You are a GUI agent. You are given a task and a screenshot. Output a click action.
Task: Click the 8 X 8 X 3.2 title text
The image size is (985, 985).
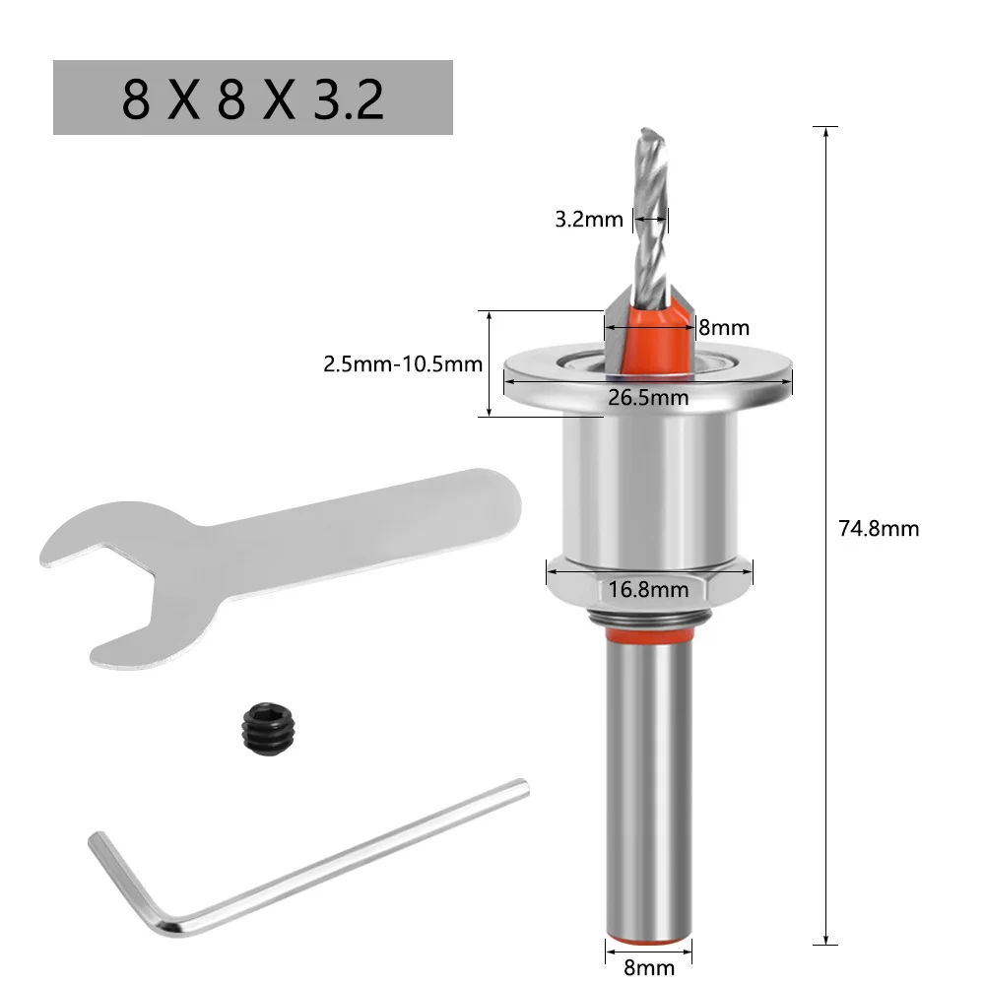point(252,98)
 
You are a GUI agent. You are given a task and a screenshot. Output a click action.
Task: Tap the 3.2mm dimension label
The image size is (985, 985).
point(589,219)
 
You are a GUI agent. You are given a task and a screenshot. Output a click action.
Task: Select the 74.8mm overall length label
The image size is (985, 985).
point(879,529)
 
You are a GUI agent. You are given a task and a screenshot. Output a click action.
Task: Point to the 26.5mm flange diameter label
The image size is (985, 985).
point(647,398)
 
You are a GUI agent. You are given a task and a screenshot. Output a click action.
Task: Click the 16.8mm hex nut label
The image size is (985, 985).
point(647,590)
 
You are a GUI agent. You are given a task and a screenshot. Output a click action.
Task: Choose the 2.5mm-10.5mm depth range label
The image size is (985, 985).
point(403,363)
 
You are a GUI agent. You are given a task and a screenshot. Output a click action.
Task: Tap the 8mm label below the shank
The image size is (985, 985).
point(649,966)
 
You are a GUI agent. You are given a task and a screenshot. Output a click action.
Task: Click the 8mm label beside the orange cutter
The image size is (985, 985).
point(724,327)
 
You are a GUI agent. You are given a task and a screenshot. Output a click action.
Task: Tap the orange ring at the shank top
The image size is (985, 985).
point(647,641)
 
